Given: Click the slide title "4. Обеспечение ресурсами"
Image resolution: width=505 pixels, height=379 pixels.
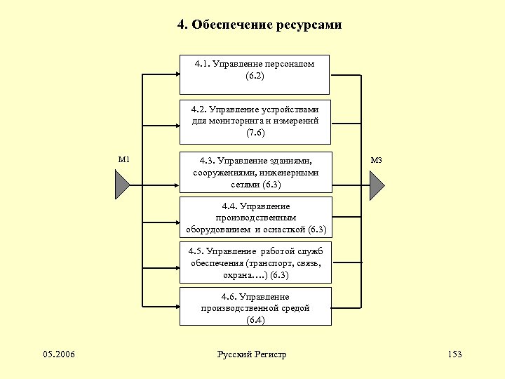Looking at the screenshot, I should (x=259, y=25).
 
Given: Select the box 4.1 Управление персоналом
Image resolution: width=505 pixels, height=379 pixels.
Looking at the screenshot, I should (x=254, y=74).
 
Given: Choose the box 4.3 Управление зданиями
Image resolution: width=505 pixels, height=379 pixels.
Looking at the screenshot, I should (x=255, y=172).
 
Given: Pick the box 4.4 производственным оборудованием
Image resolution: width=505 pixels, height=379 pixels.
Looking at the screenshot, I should (x=255, y=218).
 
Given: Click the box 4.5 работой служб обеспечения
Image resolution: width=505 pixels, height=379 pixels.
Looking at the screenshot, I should (x=255, y=262).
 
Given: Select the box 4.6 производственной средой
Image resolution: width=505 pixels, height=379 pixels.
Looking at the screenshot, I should (x=255, y=306).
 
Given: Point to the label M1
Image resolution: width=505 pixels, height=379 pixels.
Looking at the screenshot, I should (x=124, y=160).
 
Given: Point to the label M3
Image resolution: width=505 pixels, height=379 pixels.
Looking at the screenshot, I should (x=376, y=160).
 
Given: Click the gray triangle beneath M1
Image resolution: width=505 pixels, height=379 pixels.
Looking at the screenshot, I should (x=121, y=185).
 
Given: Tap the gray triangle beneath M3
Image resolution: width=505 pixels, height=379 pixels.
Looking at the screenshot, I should (x=376, y=185).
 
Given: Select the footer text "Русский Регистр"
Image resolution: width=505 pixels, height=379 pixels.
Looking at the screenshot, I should (x=252, y=354).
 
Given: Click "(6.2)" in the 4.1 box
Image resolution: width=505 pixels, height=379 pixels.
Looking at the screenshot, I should (x=255, y=75).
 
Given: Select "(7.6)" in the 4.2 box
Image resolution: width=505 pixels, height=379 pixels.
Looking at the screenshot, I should (x=255, y=133).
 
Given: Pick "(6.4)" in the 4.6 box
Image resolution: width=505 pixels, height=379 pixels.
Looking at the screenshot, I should (x=255, y=320).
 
